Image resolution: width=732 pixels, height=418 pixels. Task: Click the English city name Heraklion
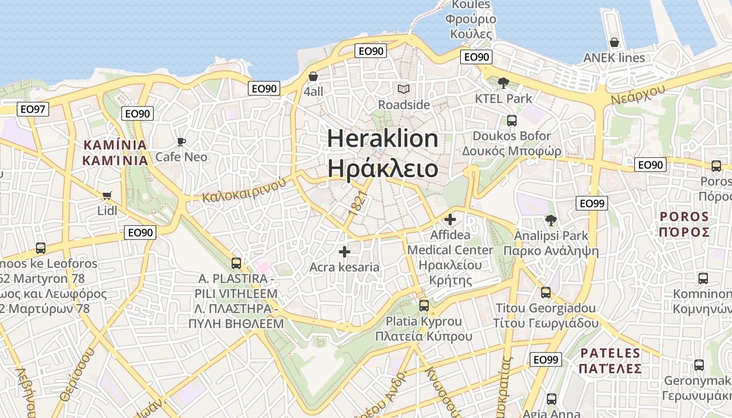click(383, 139)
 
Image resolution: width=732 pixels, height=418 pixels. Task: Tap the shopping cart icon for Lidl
click(107, 196)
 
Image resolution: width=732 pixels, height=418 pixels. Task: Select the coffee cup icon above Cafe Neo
click(181, 142)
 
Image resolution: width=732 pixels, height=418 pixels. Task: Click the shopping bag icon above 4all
click(313, 77)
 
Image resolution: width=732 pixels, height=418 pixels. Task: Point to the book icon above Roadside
click(403, 89)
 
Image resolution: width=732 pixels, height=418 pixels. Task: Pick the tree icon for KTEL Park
click(504, 83)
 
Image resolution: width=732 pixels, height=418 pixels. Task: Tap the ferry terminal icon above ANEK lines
click(614, 42)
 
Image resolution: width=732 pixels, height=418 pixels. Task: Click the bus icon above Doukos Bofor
click(511, 121)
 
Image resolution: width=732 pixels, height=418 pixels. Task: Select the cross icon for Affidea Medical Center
click(450, 219)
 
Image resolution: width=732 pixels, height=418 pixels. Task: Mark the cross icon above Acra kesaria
click(344, 252)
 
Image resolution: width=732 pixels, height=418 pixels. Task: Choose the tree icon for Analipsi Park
click(551, 220)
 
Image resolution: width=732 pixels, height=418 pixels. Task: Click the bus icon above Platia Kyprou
click(424, 305)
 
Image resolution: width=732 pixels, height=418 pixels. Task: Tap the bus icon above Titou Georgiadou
click(546, 292)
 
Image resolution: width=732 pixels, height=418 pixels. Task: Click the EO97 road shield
click(33, 109)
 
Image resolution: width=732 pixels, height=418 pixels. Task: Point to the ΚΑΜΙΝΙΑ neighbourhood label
click(115, 145)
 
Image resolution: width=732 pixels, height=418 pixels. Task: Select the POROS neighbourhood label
click(684, 216)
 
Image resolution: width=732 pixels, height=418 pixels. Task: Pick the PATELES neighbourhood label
click(610, 353)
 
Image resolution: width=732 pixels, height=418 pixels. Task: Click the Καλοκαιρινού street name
click(245, 190)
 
